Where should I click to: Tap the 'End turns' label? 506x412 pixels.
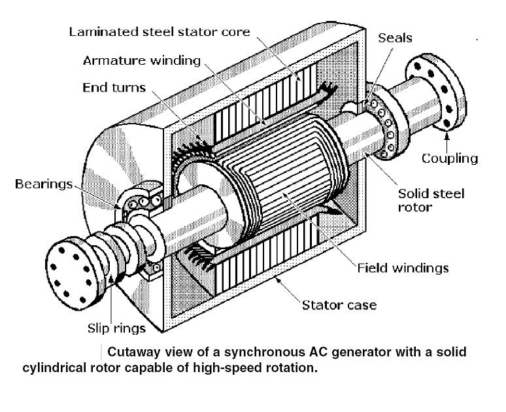pyautogui.click(x=115, y=87)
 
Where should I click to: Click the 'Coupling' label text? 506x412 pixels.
pyautogui.click(x=449, y=158)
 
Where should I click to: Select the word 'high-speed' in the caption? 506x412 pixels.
pyautogui.click(x=282, y=367)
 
